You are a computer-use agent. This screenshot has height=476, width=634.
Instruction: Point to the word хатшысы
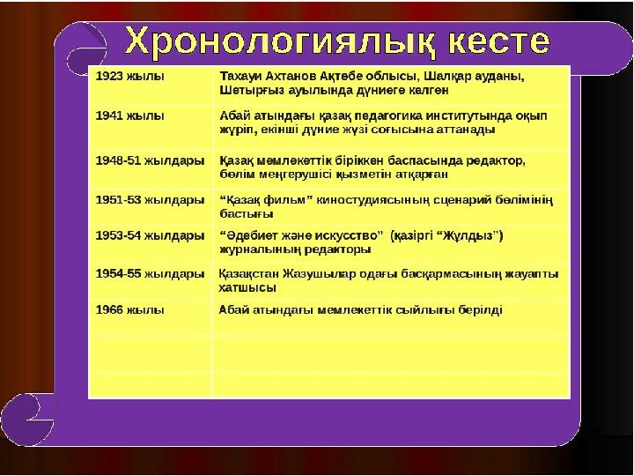(x=247, y=287)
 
